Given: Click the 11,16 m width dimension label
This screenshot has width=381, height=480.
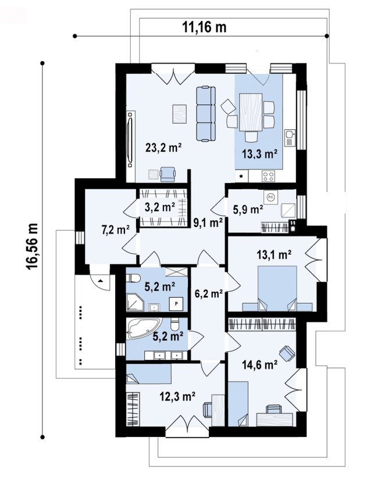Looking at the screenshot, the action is point(204,27).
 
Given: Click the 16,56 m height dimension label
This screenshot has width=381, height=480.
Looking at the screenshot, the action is point(32,246).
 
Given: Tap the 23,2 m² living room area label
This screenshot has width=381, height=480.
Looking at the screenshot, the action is point(163,148).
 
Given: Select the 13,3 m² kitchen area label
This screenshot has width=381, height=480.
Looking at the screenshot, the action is point(259,154).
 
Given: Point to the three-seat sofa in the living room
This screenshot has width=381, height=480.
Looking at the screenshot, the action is point(205,114).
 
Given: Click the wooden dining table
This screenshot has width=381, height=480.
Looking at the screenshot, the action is point(251,112).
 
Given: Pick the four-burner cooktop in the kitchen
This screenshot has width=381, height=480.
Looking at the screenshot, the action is point(269,176).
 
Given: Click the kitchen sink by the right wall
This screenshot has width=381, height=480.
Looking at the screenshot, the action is point(289,137).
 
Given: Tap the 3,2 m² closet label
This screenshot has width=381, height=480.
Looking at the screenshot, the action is point(159,207).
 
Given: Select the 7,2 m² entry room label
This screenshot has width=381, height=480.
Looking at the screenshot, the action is point(115,230).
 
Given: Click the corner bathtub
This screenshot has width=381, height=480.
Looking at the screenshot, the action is point(143,329).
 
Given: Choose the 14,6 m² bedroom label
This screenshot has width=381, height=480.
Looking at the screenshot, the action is point(259,365).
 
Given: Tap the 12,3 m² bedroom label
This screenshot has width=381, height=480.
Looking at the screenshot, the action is point(177,397).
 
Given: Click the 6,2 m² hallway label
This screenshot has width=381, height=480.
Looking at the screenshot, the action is point(208,294).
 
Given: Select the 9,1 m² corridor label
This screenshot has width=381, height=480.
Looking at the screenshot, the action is point(208,223).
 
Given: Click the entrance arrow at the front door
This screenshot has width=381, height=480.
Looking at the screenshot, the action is point(100,280).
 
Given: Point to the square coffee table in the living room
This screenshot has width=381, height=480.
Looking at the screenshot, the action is point(180,114).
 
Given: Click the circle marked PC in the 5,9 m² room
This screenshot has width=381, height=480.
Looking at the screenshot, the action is point(270,197).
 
